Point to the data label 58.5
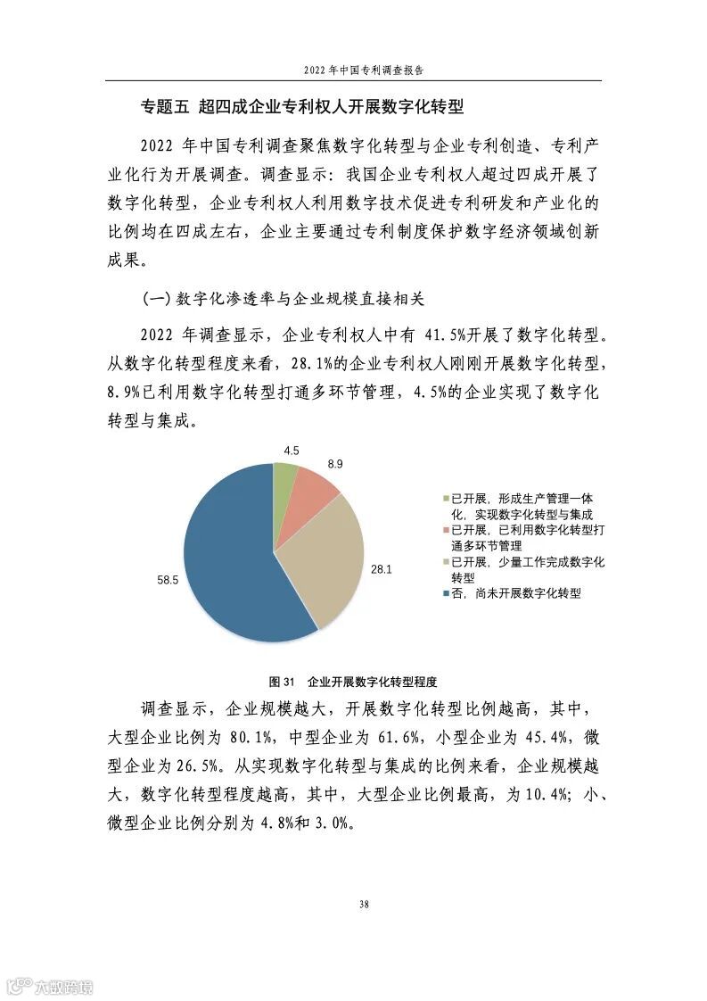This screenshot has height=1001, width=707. click(168, 580)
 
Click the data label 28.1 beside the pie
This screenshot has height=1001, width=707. click(382, 567)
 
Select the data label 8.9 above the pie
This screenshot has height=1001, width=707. click(334, 464)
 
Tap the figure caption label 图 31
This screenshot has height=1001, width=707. click(282, 682)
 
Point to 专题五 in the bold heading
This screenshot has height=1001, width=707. click(165, 108)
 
